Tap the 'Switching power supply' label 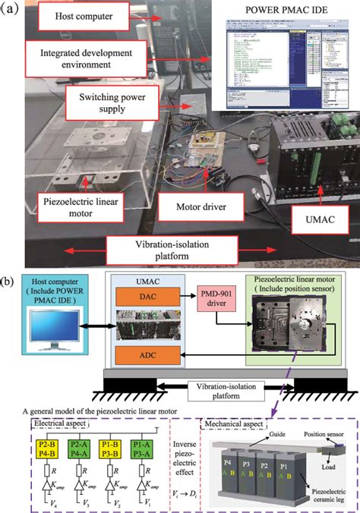pyautogui.click(x=114, y=102)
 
